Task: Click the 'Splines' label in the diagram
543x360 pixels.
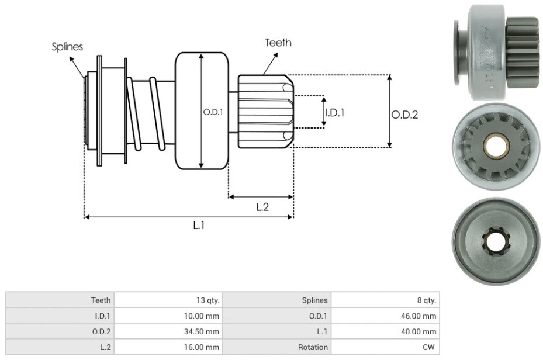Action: click(67, 47)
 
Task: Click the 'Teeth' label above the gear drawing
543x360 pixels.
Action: click(278, 43)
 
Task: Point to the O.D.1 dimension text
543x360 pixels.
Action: click(213, 112)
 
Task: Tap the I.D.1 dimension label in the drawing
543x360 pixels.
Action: click(335, 112)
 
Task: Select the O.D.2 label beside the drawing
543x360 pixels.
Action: click(404, 115)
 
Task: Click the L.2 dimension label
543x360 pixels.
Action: click(262, 207)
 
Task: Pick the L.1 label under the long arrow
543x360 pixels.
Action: click(199, 226)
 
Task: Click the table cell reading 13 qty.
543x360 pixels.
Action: click(207, 300)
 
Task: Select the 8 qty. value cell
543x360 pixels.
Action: click(426, 300)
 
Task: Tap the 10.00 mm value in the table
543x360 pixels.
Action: click(202, 316)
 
